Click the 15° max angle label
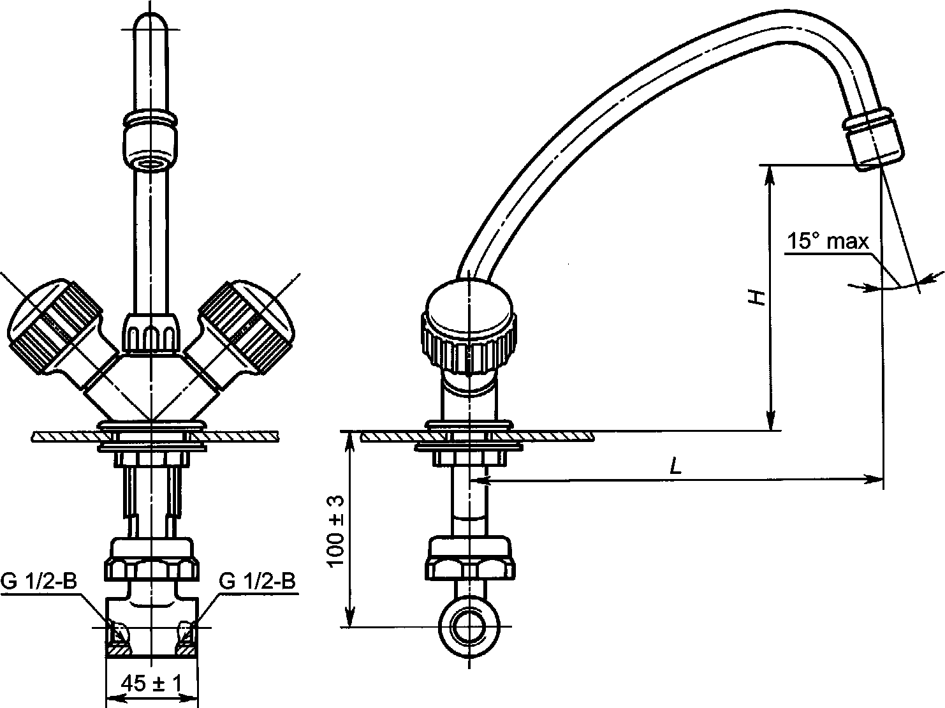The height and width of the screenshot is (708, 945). click(828, 242)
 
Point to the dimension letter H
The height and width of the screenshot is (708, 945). click(756, 297)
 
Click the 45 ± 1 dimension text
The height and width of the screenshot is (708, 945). click(152, 684)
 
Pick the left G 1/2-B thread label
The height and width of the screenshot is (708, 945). click(39, 581)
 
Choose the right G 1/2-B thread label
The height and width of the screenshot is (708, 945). click(258, 581)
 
